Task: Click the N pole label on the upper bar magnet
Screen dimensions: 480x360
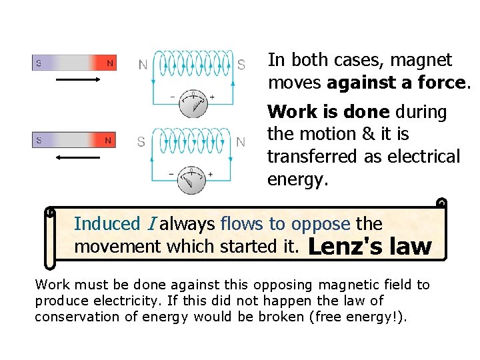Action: click(110, 63)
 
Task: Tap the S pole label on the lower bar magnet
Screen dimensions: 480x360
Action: click(38, 141)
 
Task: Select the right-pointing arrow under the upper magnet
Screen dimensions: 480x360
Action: click(74, 79)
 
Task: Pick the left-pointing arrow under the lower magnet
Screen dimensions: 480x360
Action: click(74, 158)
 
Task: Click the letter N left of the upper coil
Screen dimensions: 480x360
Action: click(143, 65)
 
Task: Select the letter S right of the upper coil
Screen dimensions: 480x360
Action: click(241, 65)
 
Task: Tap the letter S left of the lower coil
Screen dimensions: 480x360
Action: click(141, 142)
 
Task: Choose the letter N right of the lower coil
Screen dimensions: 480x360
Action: click(241, 142)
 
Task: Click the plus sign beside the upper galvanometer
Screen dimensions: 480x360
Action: click(213, 97)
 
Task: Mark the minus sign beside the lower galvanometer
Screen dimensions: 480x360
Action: click(172, 175)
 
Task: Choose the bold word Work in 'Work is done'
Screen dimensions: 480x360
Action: click(289, 111)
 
